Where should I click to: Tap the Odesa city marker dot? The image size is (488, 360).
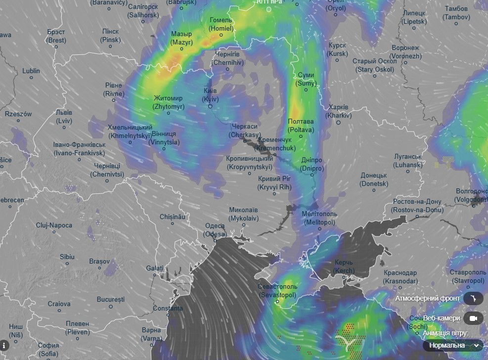point(216,240)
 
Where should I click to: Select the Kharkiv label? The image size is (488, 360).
point(338,111)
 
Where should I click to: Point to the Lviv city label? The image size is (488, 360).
point(64,117)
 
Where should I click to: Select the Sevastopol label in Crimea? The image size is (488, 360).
point(277,290)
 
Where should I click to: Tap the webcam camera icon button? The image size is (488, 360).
point(474,318)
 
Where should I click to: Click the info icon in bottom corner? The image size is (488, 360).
point(5,345)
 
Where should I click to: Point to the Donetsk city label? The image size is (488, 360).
point(374,180)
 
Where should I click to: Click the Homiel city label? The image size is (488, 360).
point(221,24)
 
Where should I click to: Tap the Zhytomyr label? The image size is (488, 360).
point(169,102)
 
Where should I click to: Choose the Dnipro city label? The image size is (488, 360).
point(312,164)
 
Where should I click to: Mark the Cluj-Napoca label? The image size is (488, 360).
point(54,225)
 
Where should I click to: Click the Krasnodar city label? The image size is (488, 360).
point(400,277)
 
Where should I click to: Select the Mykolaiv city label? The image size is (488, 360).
point(243,214)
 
